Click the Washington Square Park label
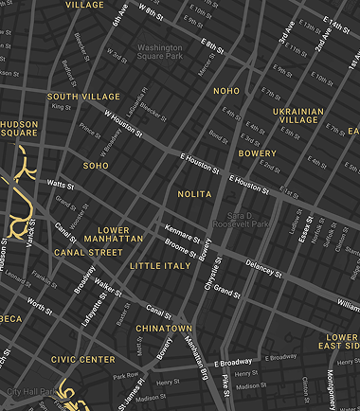pyautogui.click(x=160, y=52)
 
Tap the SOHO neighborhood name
pyautogui.click(x=96, y=166)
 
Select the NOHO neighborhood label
pyautogui.click(x=226, y=91)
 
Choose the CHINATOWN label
pyautogui.click(x=163, y=328)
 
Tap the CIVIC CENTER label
pyautogui.click(x=82, y=360)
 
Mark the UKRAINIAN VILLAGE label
pyautogui.click(x=299, y=116)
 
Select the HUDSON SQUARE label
pyautogui.click(x=19, y=128)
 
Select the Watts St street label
pyautogui.click(x=60, y=184)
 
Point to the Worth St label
pyautogui.click(x=40, y=305)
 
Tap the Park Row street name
pyautogui.click(x=125, y=375)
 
